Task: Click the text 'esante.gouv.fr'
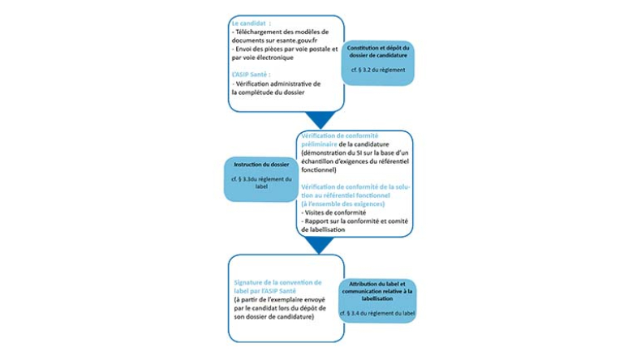pyautogui.click(x=284, y=40)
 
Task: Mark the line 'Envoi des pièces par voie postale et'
pyautogui.click(x=285, y=49)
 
